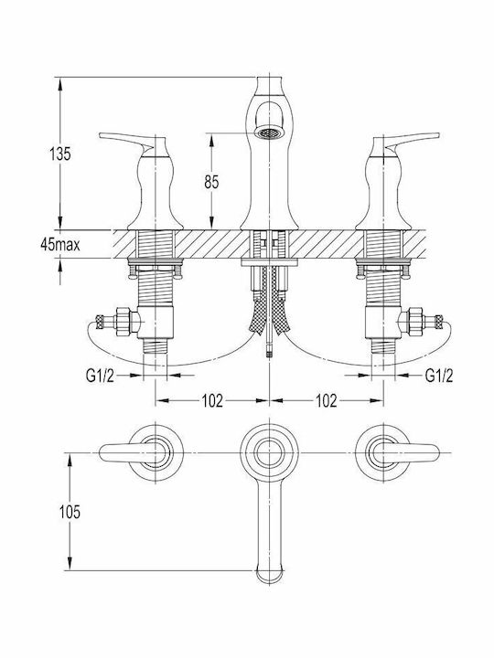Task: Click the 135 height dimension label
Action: (x=60, y=154)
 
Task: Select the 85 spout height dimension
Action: (x=211, y=182)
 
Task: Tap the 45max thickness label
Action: (x=59, y=244)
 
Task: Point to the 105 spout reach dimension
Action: (x=70, y=512)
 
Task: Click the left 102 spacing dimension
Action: (x=212, y=401)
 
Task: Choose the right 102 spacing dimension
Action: (x=327, y=401)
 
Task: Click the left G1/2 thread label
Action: (x=100, y=376)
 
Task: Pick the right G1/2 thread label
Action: (x=439, y=376)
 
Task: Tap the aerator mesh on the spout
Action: (x=269, y=133)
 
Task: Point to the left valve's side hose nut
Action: (x=123, y=322)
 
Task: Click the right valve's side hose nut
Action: (x=416, y=322)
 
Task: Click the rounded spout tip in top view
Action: (x=269, y=576)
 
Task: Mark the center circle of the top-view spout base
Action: (x=269, y=453)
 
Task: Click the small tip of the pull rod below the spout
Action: (x=269, y=350)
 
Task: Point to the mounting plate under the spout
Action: (x=269, y=262)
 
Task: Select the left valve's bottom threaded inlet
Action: (x=156, y=345)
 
